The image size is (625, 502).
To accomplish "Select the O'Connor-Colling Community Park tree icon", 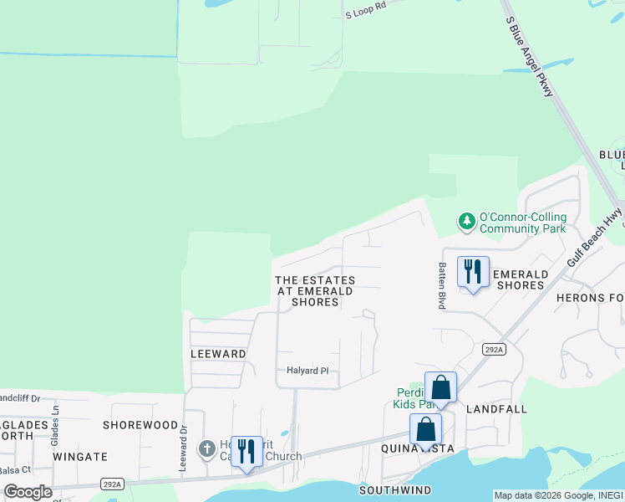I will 465,222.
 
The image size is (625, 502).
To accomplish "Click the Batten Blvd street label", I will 441,287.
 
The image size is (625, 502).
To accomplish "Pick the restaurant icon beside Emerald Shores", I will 473,272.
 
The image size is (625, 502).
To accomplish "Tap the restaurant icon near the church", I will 246,452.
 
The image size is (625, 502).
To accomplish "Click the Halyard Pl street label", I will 307,371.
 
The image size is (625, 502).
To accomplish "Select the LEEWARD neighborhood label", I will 217,354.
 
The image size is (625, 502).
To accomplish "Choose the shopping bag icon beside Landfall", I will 440,388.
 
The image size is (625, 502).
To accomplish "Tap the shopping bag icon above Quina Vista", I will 425,429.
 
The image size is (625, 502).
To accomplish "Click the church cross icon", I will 207,449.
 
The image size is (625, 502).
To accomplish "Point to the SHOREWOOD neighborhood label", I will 140,425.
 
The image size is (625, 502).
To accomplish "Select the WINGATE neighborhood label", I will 80,457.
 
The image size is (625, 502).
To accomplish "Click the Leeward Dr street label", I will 182,447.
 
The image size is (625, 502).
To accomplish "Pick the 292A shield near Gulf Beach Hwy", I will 494,349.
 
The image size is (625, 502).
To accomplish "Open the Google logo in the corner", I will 28,492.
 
